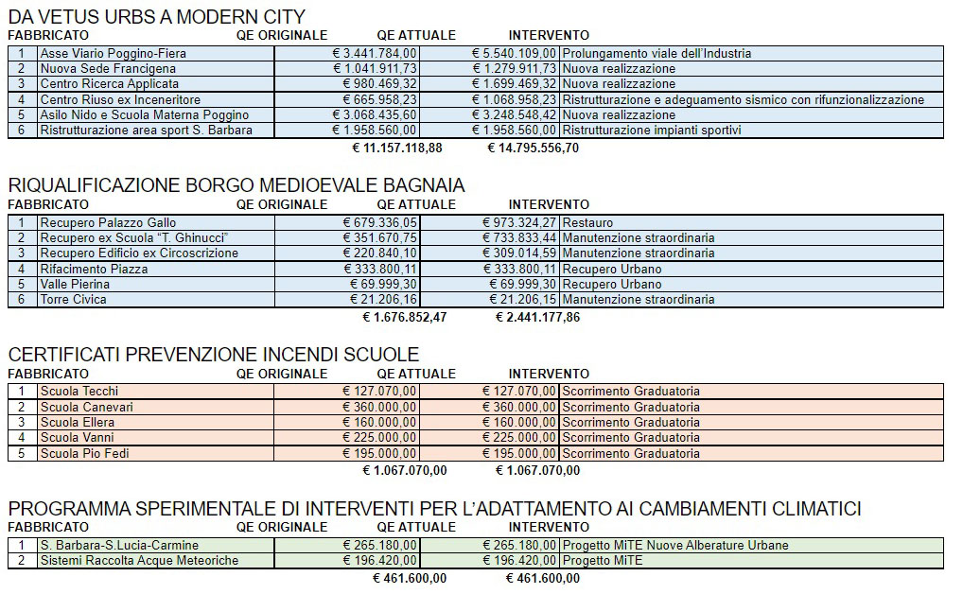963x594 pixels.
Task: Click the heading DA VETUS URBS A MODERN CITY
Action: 156,16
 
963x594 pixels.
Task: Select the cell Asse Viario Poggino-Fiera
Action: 107,54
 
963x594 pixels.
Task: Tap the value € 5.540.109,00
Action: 515,54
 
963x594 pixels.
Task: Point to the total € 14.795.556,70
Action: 533,148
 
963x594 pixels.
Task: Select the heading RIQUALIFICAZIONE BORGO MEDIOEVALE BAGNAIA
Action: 236,185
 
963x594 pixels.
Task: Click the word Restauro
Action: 587,223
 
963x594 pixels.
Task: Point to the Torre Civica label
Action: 74,300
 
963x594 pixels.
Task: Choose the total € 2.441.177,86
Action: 537,317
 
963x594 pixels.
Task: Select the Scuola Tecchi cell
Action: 79,392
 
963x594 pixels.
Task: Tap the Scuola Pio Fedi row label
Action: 85,453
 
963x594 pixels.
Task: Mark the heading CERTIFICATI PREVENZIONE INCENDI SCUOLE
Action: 213,355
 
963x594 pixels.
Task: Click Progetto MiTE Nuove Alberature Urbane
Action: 674,546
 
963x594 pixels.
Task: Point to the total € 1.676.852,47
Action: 404,317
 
